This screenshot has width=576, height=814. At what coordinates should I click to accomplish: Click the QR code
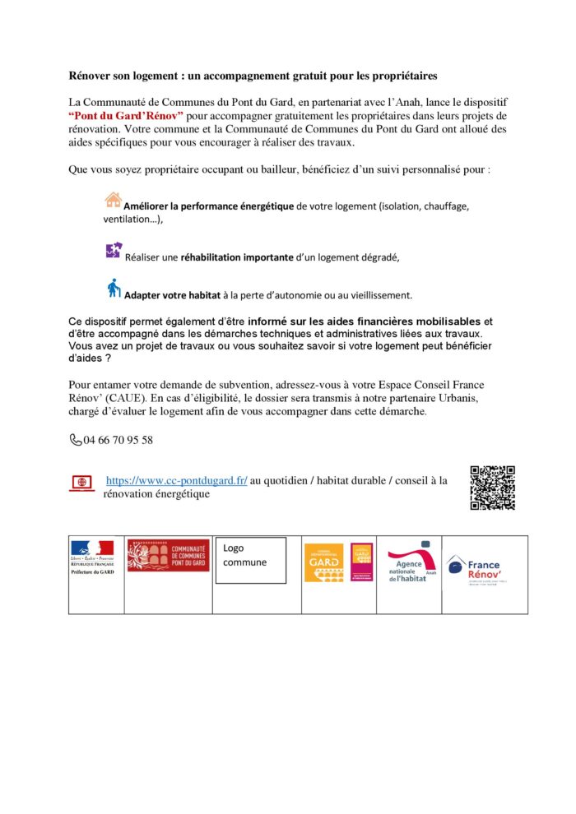[492, 488]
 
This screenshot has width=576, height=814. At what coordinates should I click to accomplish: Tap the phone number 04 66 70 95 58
[118, 440]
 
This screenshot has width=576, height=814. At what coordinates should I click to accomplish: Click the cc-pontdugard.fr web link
[177, 480]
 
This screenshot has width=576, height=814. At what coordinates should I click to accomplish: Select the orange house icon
[114, 200]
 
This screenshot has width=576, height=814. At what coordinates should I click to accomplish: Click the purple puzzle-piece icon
[114, 251]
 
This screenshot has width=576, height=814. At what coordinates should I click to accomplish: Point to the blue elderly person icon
[114, 288]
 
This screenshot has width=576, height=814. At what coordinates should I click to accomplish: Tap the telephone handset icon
[76, 440]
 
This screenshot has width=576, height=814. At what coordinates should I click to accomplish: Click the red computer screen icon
[81, 483]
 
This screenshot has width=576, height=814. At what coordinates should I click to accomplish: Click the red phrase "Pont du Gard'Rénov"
[126, 115]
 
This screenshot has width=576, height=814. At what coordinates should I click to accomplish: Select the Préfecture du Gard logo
[92, 556]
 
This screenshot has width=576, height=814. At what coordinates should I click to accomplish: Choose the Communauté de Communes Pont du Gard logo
[168, 555]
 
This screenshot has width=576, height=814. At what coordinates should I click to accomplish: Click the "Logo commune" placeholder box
[250, 560]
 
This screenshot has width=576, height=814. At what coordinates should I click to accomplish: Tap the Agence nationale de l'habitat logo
[409, 562]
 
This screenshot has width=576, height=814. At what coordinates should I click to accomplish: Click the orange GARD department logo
[324, 562]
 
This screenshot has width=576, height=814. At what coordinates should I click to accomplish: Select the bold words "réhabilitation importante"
[237, 257]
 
